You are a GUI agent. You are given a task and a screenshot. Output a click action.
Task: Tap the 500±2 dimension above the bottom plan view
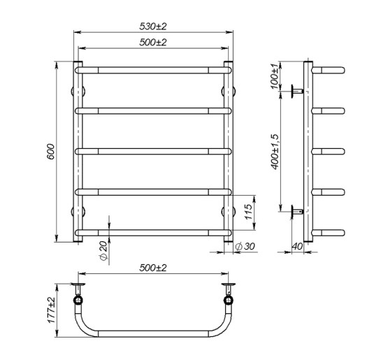[152, 268]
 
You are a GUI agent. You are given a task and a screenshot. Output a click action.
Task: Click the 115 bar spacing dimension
[248, 210]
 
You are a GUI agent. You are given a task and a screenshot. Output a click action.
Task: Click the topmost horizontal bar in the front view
[152, 70]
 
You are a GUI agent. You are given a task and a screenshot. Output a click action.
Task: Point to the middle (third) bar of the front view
[152, 150]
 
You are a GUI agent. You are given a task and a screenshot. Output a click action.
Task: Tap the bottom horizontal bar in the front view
[152, 231]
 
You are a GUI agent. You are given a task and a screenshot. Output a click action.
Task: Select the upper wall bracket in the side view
[296, 89]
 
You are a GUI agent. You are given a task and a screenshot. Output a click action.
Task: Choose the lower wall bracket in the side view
[296, 210]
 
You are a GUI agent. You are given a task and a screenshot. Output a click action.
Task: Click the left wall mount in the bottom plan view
[77, 294]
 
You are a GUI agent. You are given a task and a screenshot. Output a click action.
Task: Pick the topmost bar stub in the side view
[329, 70]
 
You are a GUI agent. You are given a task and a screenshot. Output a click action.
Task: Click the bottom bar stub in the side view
[329, 231]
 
